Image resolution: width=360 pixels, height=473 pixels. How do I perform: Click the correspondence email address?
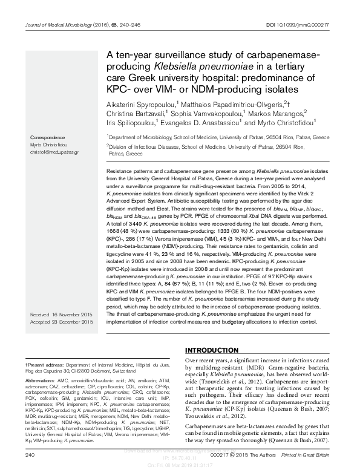coord(54,152)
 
